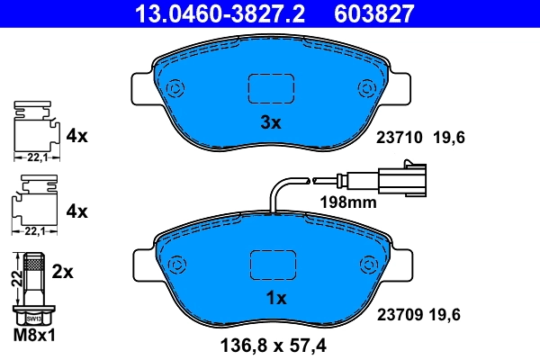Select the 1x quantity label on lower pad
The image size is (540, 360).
coord(275,297)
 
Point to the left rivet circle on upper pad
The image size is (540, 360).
coord(175,89)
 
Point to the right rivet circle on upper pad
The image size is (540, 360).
coord(367,88)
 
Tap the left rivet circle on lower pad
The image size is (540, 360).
coord(176,265)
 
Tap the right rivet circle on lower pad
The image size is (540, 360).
coord(367,265)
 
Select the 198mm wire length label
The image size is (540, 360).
coord(348,202)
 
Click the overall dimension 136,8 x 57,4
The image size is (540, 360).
coord(272,344)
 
